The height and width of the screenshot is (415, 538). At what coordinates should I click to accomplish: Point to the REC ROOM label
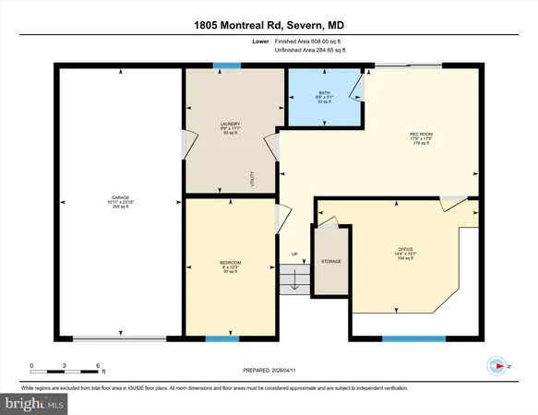pos(421,134)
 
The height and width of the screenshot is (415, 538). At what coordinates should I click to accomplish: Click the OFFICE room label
pos(405,249)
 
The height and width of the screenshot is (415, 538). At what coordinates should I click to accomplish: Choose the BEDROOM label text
pos(230,264)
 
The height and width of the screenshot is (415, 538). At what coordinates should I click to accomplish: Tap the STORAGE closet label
pos(330,262)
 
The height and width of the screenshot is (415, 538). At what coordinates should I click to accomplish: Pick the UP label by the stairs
pos(295,255)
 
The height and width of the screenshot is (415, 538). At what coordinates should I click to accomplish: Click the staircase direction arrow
pos(295,282)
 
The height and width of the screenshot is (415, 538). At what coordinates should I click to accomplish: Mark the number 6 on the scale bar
pos(98,366)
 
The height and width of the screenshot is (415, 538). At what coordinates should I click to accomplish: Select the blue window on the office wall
pos(407,338)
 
